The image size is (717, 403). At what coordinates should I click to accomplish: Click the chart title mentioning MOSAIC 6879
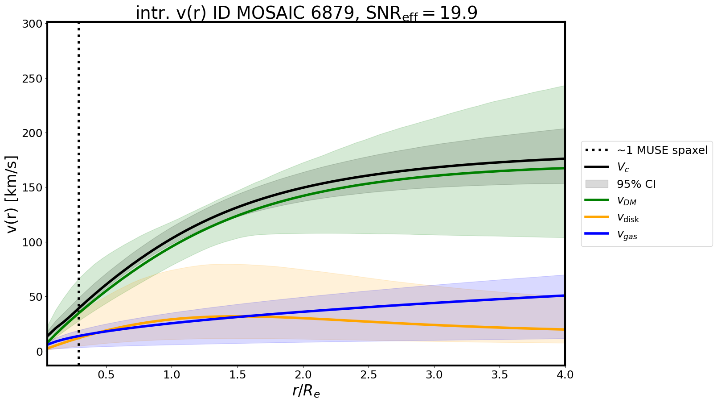(x=307, y=13)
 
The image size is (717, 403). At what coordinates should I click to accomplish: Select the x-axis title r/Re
(x=306, y=391)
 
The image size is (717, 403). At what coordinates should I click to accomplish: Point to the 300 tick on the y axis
(x=36, y=24)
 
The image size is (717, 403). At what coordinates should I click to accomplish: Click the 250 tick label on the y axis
(x=36, y=79)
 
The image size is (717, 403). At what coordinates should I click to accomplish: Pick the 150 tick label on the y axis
(x=36, y=188)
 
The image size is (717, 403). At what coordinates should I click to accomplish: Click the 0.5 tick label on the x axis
(x=106, y=374)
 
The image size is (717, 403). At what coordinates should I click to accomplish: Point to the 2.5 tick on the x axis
(x=369, y=374)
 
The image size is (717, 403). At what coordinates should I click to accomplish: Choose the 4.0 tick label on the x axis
(x=565, y=374)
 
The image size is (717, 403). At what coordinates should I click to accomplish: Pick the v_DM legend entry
(x=626, y=201)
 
